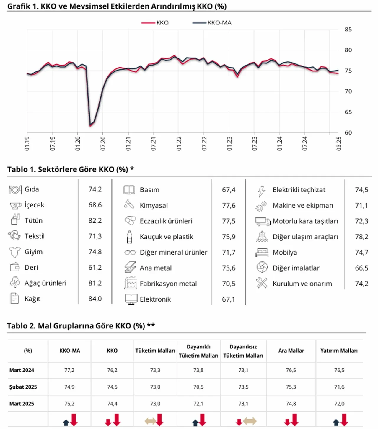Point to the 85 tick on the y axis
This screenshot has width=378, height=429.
coord(348,30)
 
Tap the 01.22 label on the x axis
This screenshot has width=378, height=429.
coord(179,144)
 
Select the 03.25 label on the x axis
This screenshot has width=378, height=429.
coord(339,144)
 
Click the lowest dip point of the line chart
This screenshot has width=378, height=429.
coord(90,126)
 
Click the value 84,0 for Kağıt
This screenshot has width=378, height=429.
coord(95,299)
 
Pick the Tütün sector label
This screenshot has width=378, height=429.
coord(33,221)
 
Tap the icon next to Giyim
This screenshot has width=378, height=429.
coord(14,252)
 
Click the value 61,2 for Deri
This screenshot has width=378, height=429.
coord(95,268)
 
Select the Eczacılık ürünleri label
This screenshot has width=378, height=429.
coord(166,221)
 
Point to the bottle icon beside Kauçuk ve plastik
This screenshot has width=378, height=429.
coord(129,237)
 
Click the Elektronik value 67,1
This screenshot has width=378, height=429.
coord(229,299)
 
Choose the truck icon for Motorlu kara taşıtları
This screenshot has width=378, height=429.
coord(263,221)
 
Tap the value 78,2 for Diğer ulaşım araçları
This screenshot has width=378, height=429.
coord(361,237)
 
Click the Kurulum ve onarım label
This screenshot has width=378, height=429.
coord(302,284)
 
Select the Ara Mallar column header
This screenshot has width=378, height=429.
coord(291,351)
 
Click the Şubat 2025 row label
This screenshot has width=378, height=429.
coord(23,387)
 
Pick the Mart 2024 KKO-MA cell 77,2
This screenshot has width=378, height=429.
coord(69,370)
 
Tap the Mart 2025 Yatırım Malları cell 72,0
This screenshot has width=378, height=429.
coord(339,404)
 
